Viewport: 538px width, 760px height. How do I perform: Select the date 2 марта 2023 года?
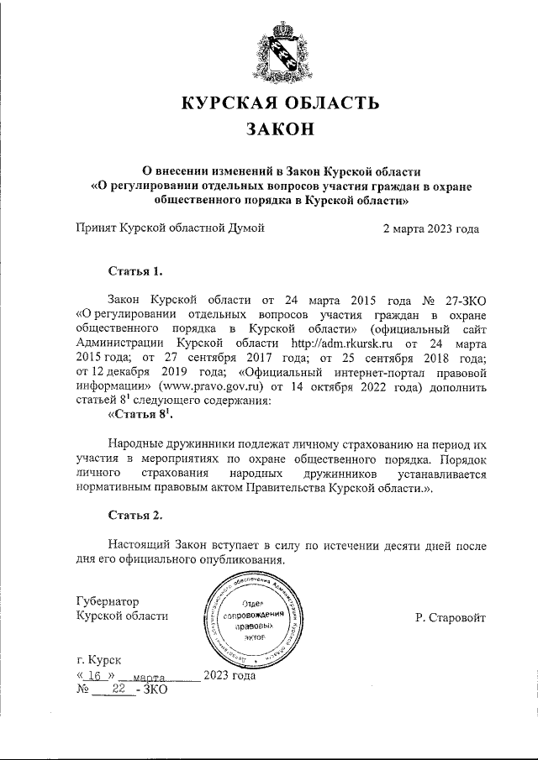point(430,228)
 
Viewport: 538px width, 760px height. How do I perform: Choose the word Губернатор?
point(108,601)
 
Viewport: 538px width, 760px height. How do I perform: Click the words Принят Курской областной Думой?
point(171,228)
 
